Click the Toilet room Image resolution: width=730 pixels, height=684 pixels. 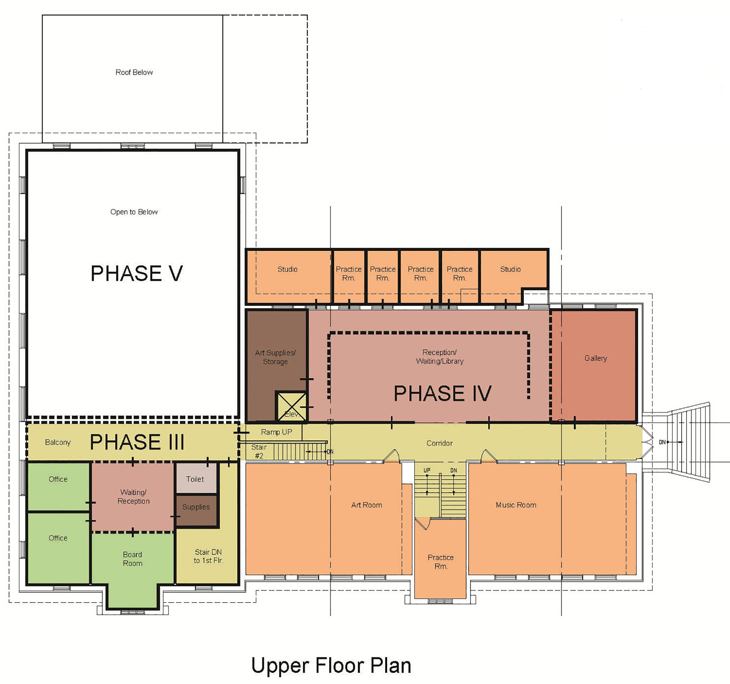(196, 478)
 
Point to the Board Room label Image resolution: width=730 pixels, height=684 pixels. (132, 559)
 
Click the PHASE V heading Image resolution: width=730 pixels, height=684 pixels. (137, 274)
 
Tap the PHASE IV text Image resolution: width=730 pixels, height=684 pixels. (443, 393)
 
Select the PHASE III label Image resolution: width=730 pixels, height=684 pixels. (137, 442)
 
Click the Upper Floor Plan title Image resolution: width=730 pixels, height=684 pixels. (331, 666)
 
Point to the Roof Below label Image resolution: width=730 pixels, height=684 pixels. (134, 72)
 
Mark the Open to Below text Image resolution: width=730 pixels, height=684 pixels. (134, 212)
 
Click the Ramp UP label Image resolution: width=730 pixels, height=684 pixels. (276, 432)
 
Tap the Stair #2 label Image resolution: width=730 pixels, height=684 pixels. (259, 451)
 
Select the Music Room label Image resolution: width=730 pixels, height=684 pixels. (516, 505)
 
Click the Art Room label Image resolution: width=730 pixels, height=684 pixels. (367, 505)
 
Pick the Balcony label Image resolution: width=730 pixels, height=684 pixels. (58, 442)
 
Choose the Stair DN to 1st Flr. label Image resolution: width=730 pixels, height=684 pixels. (208, 556)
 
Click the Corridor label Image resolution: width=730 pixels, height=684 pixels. (440, 443)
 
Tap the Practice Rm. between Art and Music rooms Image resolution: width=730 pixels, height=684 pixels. (441, 562)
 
